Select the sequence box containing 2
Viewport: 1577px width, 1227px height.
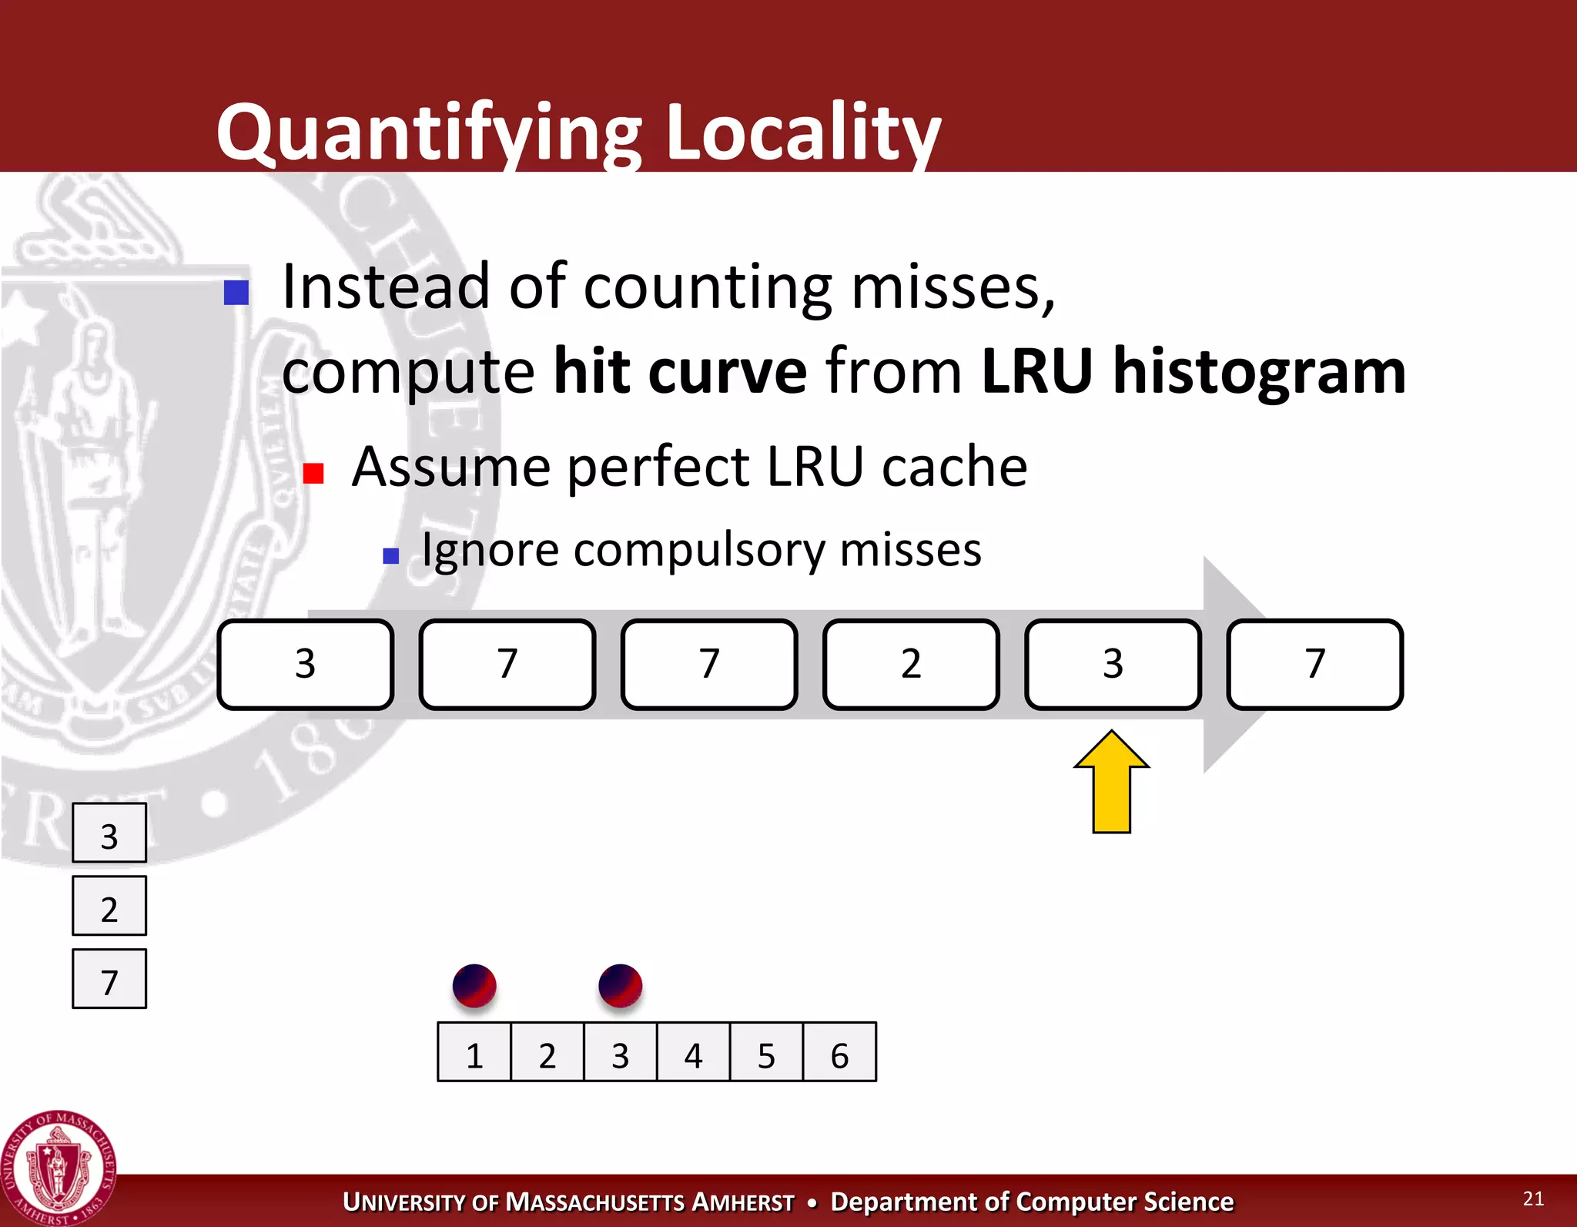(911, 664)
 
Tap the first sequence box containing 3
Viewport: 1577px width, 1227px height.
(306, 664)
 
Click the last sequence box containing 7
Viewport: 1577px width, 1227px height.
(1314, 664)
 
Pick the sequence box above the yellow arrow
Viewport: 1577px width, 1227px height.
(1113, 664)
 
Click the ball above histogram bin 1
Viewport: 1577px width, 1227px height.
(474, 986)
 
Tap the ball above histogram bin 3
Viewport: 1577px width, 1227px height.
(620, 986)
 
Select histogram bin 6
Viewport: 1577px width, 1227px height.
(839, 1053)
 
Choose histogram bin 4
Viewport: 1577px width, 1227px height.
(693, 1053)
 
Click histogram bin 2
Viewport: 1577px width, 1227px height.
(547, 1053)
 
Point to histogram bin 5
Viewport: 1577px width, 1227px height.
(766, 1053)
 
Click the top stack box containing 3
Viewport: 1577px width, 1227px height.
(109, 833)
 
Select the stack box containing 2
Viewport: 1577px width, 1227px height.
(109, 907)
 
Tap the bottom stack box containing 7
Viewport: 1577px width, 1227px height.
(109, 980)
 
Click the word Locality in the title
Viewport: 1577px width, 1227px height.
(802, 132)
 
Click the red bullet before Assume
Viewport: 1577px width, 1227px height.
(313, 473)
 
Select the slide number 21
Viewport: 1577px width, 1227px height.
(1533, 1199)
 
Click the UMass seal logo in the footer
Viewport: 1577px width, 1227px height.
(59, 1168)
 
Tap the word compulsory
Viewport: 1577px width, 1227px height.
(698, 551)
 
